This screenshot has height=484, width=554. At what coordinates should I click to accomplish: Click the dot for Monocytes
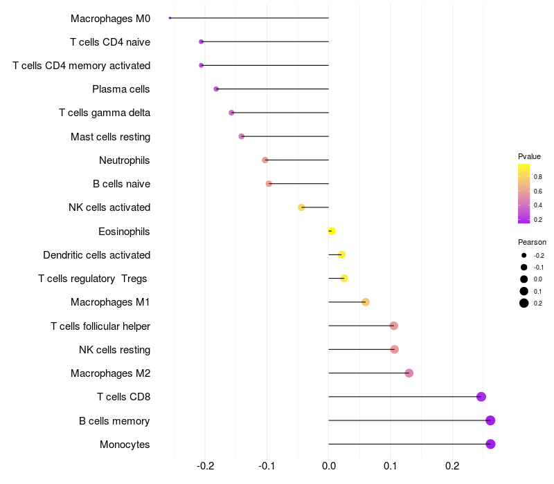pyautogui.click(x=490, y=444)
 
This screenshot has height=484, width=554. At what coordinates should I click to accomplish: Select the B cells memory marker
pyautogui.click(x=490, y=420)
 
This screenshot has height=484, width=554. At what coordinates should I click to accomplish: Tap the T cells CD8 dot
pyautogui.click(x=481, y=397)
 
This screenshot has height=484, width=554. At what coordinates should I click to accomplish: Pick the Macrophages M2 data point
pyautogui.click(x=409, y=373)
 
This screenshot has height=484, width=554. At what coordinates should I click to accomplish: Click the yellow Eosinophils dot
pyautogui.click(x=331, y=231)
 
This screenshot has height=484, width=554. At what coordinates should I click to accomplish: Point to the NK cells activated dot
pyautogui.click(x=301, y=207)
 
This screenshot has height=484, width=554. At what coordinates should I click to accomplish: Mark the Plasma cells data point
pyautogui.click(x=216, y=89)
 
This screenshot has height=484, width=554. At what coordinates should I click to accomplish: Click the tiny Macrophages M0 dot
pyautogui.click(x=170, y=18)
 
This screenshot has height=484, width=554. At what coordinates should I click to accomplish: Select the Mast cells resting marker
pyautogui.click(x=241, y=136)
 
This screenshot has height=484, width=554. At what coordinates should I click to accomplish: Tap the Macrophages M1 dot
pyautogui.click(x=366, y=302)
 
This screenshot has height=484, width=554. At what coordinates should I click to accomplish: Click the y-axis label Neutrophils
pyautogui.click(x=125, y=160)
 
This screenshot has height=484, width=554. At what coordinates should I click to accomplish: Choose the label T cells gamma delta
pyautogui.click(x=105, y=113)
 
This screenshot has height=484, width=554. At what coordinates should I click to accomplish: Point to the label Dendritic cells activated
pyautogui.click(x=96, y=255)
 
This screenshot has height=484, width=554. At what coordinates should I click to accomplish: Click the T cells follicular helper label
pyautogui.click(x=100, y=326)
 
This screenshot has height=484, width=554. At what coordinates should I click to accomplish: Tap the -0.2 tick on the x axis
pyautogui.click(x=205, y=466)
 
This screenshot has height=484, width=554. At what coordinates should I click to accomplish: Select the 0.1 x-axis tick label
pyautogui.click(x=391, y=466)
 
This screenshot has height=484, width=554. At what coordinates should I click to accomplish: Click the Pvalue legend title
pyautogui.click(x=529, y=156)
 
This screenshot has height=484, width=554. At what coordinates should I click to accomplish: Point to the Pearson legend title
pyautogui.click(x=532, y=242)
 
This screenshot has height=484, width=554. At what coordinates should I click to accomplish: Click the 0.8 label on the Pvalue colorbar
pyautogui.click(x=538, y=177)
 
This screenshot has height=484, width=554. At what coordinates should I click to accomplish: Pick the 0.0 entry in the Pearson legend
pyautogui.click(x=538, y=279)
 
